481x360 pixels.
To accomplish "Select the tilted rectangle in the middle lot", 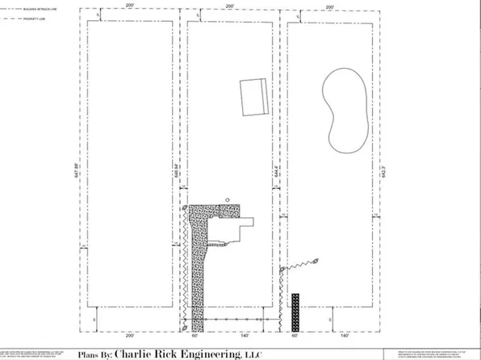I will pos(255,98).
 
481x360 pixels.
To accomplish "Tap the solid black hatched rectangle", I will pos(296,311).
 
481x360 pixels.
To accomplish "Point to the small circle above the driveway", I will pos(228,199).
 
